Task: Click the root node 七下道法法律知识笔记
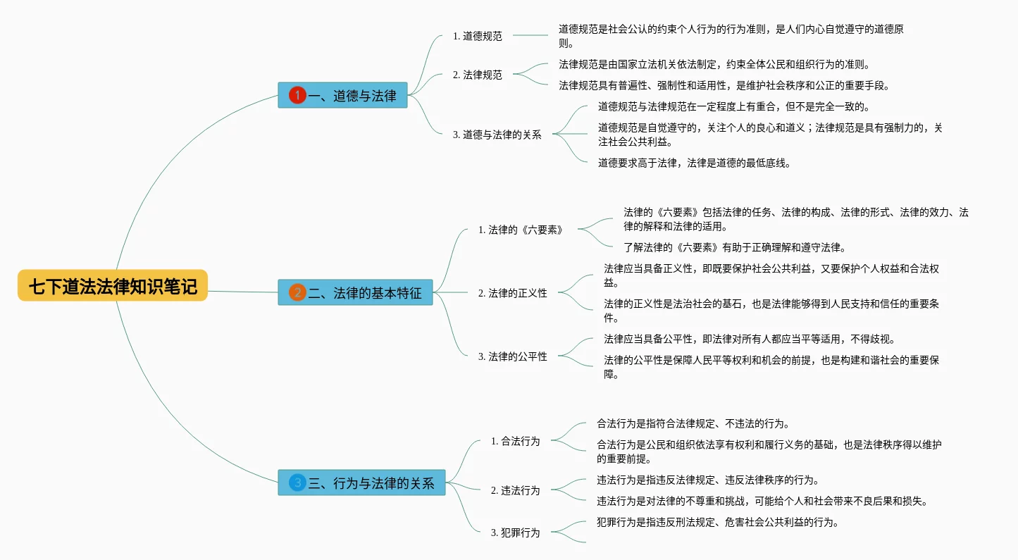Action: (x=113, y=286)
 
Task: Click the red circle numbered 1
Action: (x=297, y=95)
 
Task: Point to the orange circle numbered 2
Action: (x=297, y=292)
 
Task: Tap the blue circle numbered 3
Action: (x=297, y=483)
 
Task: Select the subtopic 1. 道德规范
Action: (x=478, y=36)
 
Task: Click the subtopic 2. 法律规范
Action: (x=478, y=75)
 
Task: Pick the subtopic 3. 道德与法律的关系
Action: (x=497, y=135)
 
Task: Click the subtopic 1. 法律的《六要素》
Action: (x=521, y=230)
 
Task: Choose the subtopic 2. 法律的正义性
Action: (x=513, y=293)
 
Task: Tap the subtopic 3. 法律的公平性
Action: (x=513, y=356)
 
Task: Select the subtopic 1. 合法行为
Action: (x=516, y=441)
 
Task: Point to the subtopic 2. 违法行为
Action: (x=516, y=490)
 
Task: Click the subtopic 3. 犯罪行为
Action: (x=516, y=533)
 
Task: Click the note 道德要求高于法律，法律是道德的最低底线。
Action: (x=694, y=163)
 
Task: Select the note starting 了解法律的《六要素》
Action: (x=734, y=247)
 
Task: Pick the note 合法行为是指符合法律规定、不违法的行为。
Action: (x=693, y=423)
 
